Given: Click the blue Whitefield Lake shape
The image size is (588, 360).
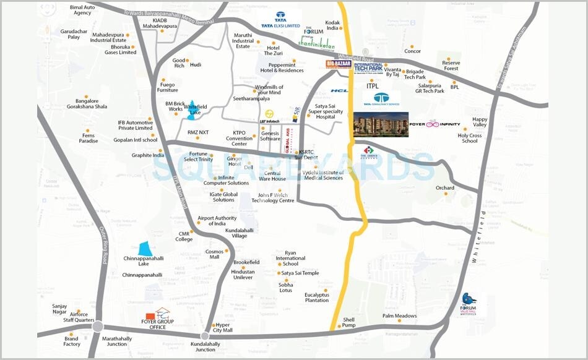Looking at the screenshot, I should coord(194,106).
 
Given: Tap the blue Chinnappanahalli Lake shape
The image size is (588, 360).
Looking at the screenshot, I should coord(144,248).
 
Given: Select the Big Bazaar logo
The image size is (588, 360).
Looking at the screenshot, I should coord(339,64).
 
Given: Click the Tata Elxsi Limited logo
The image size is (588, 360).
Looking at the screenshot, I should coord(280,21).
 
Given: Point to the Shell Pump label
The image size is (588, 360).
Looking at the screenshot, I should coord(349,322).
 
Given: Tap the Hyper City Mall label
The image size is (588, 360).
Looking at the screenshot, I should coord(222,327).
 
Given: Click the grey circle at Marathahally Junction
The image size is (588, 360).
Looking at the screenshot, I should coord(97,327).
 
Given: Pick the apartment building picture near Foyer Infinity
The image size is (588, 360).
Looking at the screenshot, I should coord(381,125).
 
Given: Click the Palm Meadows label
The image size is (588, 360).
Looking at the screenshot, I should coord(399,316).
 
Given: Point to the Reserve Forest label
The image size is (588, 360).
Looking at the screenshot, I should coord(451,66).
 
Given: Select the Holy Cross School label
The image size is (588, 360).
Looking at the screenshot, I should coord(470,138).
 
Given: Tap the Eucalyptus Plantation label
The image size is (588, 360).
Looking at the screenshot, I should coord(316,298).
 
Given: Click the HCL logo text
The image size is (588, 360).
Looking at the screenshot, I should coord(339,91).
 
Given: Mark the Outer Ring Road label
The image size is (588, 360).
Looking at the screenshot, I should coord(105,244).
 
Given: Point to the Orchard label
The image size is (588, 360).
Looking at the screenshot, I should coord(444,188).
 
